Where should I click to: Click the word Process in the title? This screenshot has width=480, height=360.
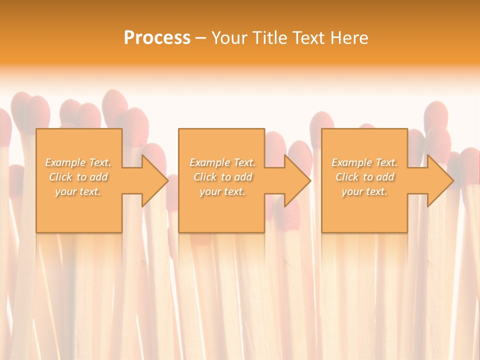157,38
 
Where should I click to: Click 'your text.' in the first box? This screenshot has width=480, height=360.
78,191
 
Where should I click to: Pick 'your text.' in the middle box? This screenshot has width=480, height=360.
222,191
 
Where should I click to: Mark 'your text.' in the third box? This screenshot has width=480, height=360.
364,191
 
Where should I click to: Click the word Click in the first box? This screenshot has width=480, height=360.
60,177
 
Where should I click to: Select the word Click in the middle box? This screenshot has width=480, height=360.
204,177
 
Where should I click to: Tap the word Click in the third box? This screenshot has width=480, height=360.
346,177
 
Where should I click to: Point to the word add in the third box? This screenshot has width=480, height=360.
385,177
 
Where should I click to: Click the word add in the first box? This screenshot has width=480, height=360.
98,177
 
